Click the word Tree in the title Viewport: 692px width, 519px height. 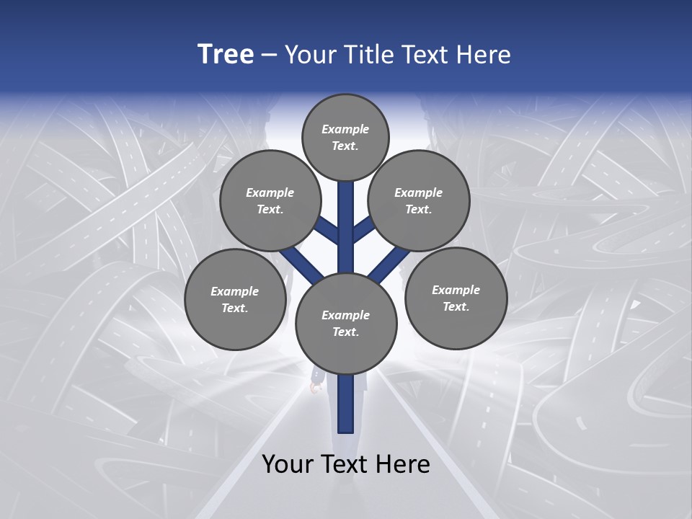click(x=226, y=55)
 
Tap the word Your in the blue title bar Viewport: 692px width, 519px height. click(x=309, y=55)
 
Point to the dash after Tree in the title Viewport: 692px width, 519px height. click(x=269, y=56)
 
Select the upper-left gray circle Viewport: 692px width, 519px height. click(x=270, y=201)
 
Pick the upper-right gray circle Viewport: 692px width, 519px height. click(x=419, y=201)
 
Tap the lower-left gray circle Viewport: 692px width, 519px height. click(x=235, y=300)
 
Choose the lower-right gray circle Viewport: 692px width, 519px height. click(x=456, y=298)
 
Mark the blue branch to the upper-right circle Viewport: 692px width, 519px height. click(x=364, y=230)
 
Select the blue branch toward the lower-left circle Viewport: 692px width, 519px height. click(x=301, y=265)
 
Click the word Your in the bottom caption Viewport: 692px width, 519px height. click(x=288, y=464)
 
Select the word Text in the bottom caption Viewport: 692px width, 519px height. click(x=345, y=464)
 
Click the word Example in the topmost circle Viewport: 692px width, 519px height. click(x=345, y=129)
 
